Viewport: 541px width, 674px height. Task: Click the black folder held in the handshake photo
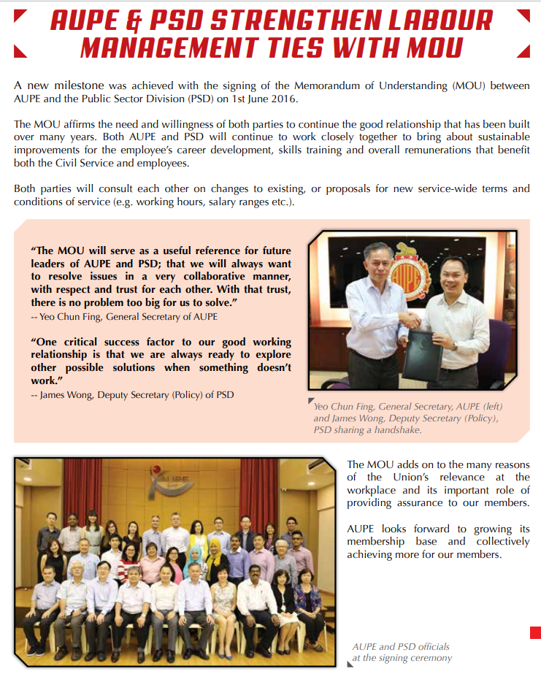pos(420,354)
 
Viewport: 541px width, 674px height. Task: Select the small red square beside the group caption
pos(534,632)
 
